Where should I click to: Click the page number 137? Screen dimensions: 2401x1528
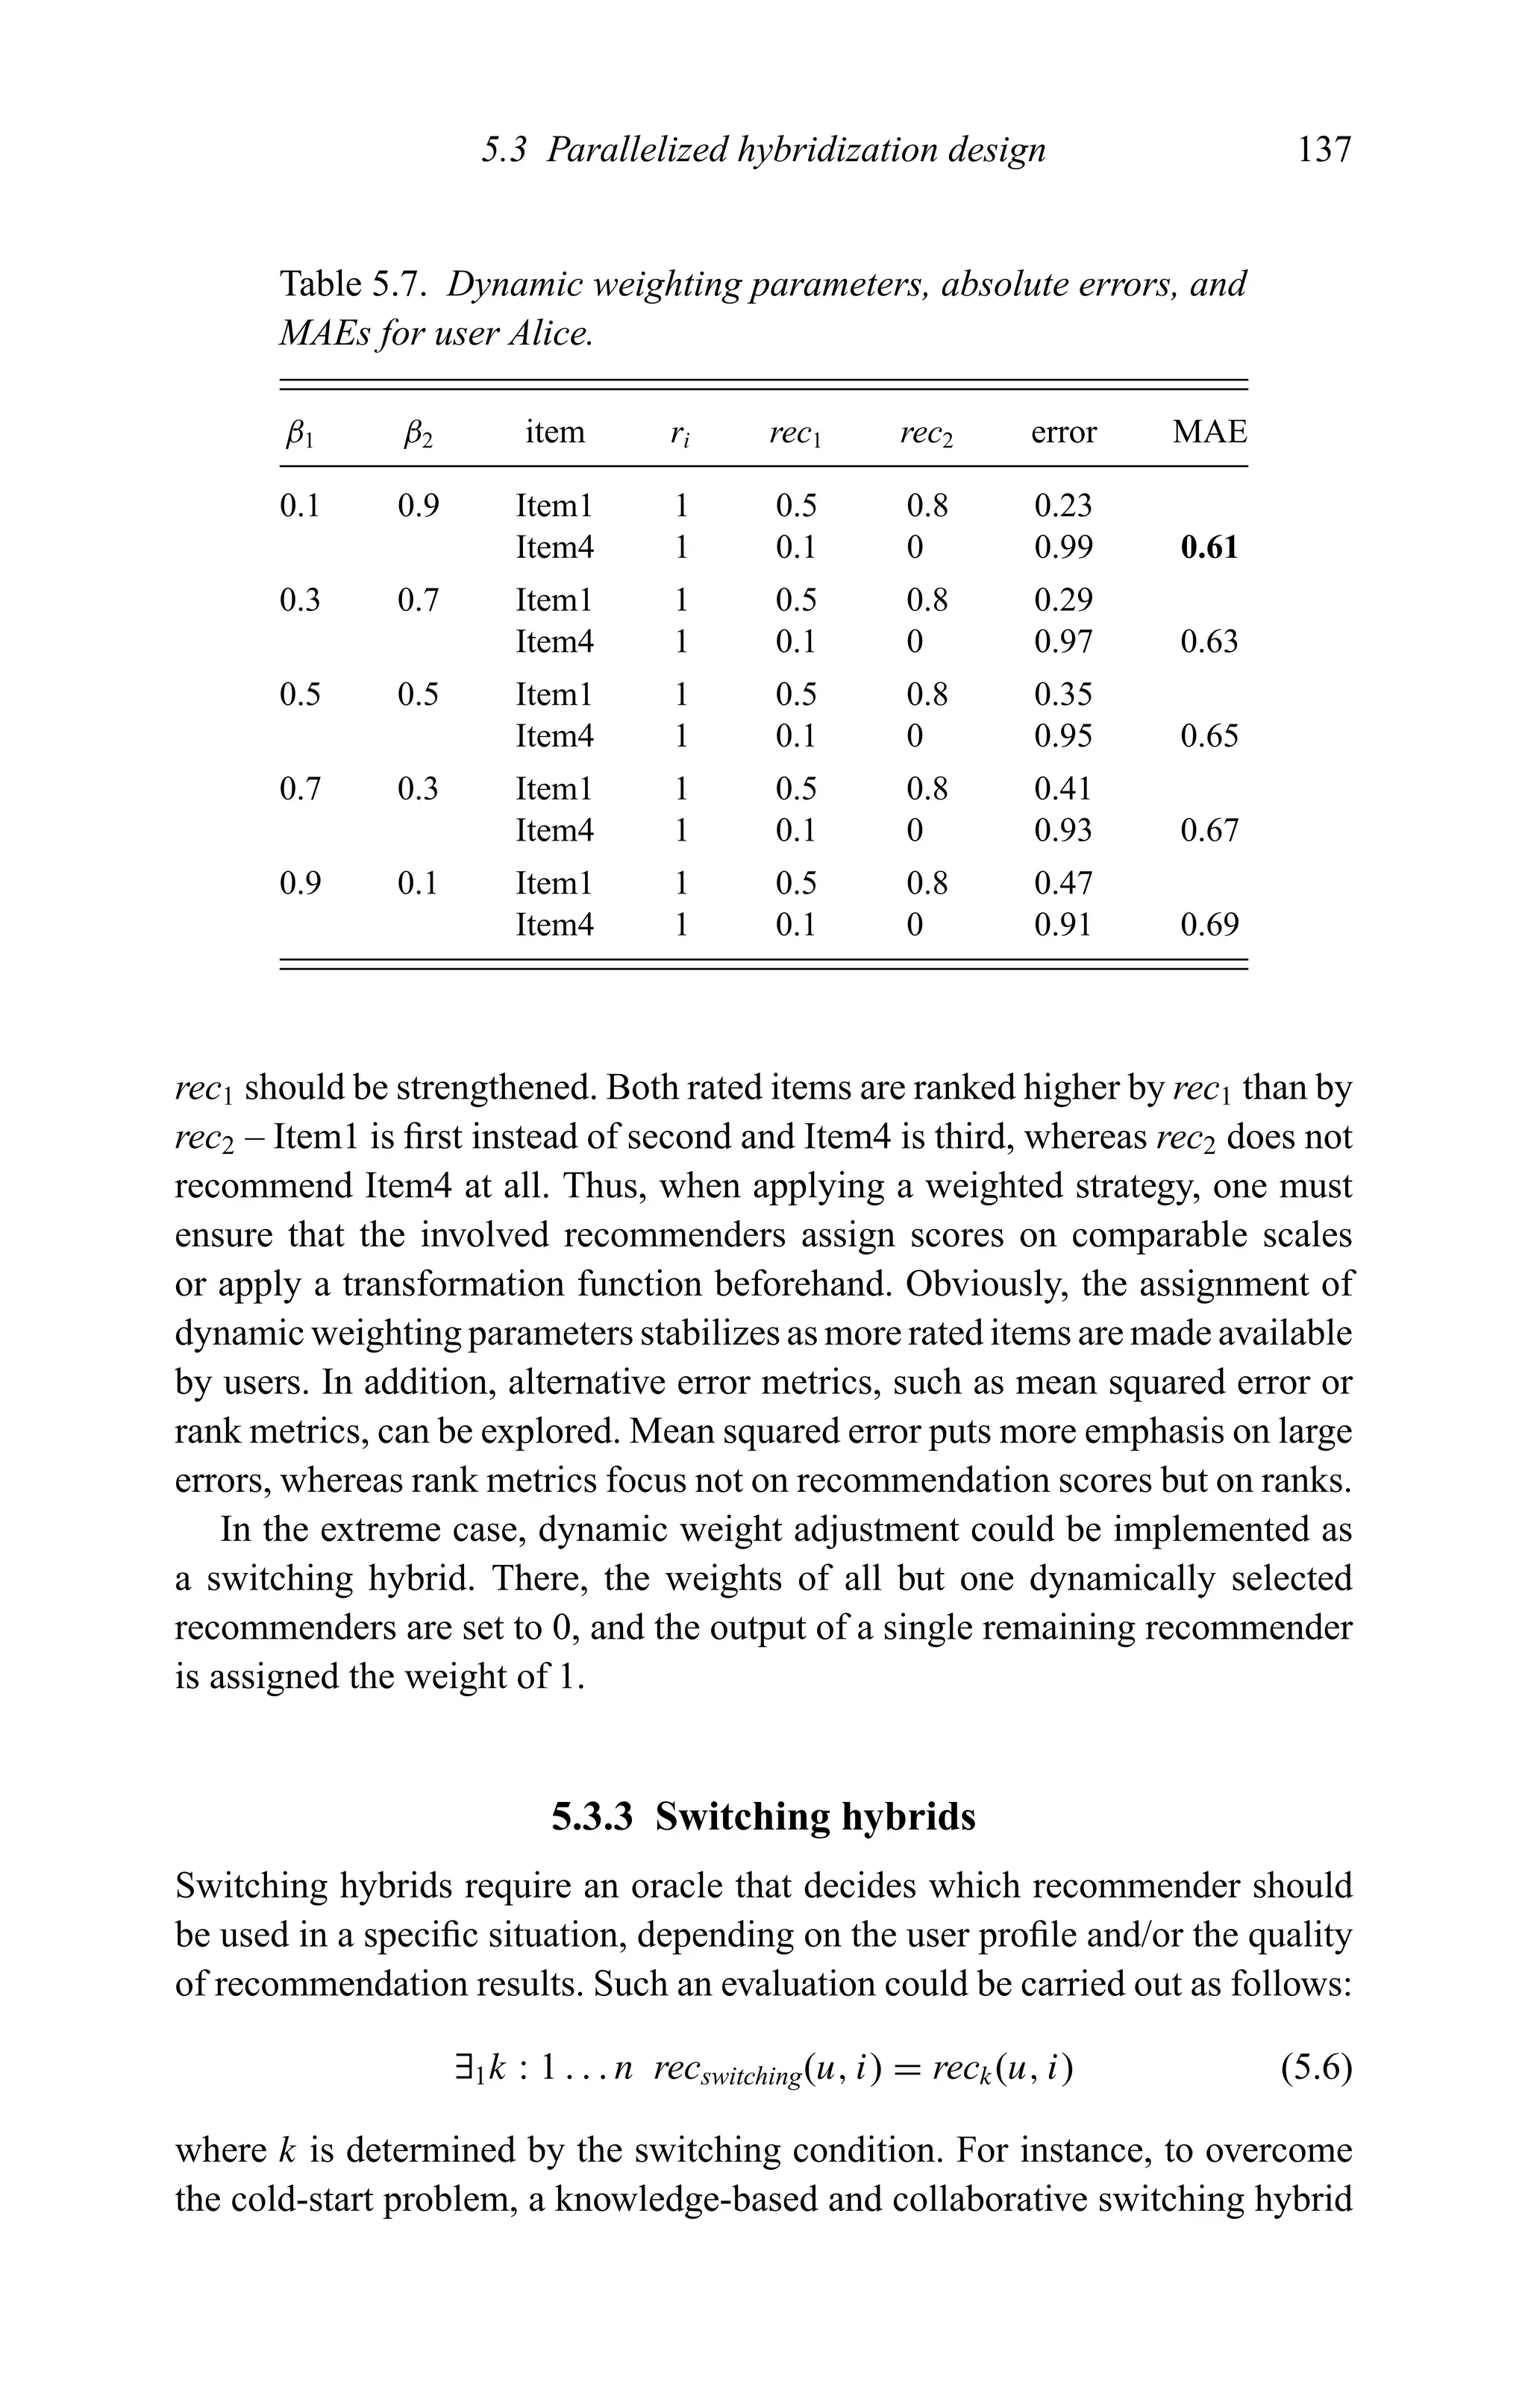click(x=1324, y=151)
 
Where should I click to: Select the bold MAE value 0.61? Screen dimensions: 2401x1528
click(x=1209, y=547)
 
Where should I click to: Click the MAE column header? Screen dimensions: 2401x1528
click(x=1209, y=432)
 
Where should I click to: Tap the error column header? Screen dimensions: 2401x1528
click(x=1063, y=432)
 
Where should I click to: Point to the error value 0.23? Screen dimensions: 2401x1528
click(x=1063, y=506)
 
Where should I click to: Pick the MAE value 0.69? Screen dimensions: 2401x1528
click(x=1209, y=926)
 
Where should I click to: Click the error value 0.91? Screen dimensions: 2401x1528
click(x=1063, y=926)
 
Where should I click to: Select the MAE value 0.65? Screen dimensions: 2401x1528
click(x=1209, y=737)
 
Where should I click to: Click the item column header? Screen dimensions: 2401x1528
click(x=554, y=432)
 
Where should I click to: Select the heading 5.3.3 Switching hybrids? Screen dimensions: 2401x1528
click(x=763, y=1817)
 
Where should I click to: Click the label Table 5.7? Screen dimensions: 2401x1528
click(x=354, y=284)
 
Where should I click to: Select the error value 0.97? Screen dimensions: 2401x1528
click(x=1063, y=641)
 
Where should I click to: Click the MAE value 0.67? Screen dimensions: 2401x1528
click(x=1209, y=831)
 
